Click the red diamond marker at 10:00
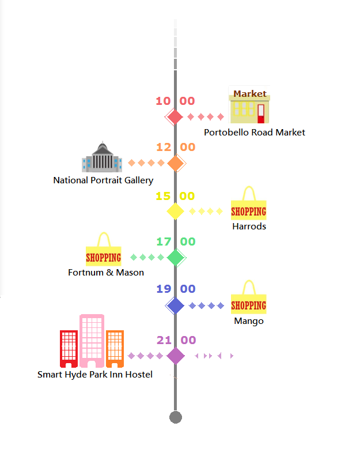pos(175,117)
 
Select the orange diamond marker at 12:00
pos(176,164)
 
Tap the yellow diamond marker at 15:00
pos(175,211)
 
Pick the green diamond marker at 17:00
pos(176,257)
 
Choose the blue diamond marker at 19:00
pos(175,305)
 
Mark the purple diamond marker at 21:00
pos(175,356)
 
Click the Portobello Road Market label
pos(254,133)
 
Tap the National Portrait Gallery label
pos(103,180)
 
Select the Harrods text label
pos(249,227)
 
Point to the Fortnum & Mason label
pos(106,273)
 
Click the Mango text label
pos(249,321)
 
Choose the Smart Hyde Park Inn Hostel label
pos(95,375)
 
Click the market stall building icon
pos(249,106)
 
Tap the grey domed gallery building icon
pos(102,157)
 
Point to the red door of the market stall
pos(261,113)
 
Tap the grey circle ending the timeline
pos(176,417)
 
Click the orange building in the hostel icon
pos(115,348)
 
